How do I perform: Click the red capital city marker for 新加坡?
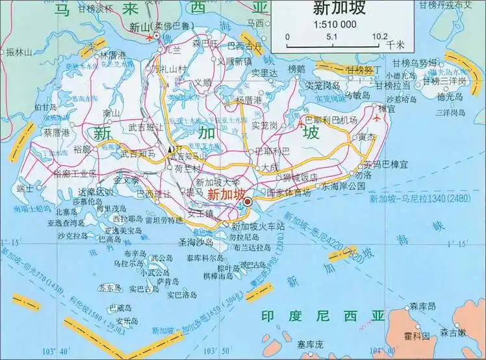pos(247,193)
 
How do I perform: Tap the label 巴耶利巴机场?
pos(331,120)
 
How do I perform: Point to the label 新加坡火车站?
pos(258,226)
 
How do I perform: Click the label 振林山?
pos(19,51)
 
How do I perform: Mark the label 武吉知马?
pos(138,154)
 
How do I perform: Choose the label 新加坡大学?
pos(218,182)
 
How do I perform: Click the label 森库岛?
pos(422,305)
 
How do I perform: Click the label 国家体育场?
pos(288,192)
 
